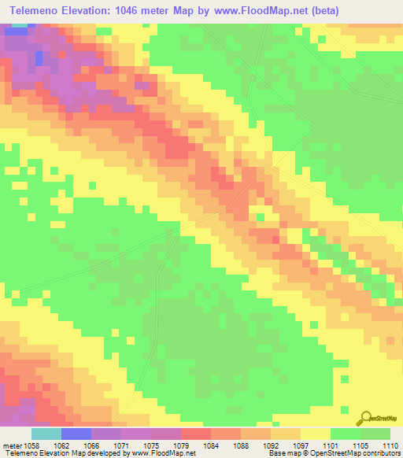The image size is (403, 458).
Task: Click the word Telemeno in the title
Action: [x=37, y=11]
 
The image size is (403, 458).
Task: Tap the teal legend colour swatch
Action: [x=46, y=434]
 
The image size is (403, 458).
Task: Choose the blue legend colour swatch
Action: [x=76, y=434]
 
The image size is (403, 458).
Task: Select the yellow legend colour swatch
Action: [x=316, y=434]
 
